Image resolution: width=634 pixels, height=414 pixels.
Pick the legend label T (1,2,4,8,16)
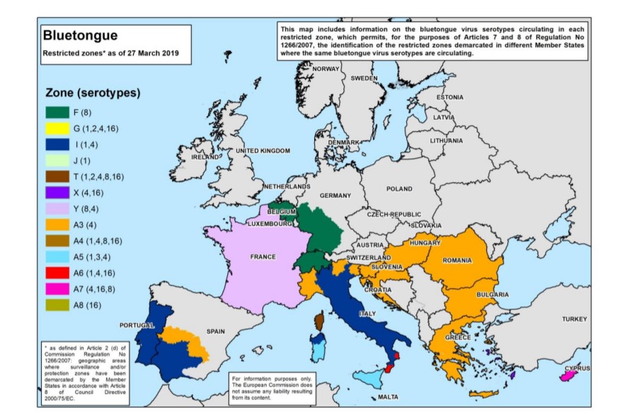tap(98, 176)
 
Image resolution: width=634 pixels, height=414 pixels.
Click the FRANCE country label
tap(263, 257)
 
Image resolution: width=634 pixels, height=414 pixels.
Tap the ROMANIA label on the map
tap(456, 260)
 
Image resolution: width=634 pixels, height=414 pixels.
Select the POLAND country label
tap(398, 189)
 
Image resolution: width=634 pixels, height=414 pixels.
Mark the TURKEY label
tap(574, 319)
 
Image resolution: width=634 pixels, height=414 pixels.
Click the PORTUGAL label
tap(137, 325)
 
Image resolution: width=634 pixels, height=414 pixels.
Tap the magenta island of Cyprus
tap(567, 376)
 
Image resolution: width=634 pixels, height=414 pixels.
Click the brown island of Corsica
tap(319, 322)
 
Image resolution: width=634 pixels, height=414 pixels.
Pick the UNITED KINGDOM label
tap(263, 151)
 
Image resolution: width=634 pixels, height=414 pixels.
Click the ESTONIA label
tap(449, 97)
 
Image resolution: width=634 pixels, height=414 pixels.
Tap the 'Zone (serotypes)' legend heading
tap(93, 93)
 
